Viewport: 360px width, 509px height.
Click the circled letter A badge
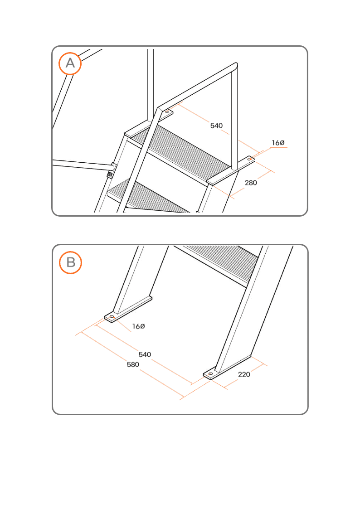(x=70, y=63)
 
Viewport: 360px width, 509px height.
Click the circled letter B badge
(x=70, y=262)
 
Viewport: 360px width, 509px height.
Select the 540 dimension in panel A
(x=216, y=126)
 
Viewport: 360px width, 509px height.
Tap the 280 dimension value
(x=251, y=183)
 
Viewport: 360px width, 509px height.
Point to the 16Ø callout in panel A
(x=278, y=143)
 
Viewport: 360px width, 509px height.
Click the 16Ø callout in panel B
(x=138, y=326)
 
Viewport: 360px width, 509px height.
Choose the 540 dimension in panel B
(x=145, y=354)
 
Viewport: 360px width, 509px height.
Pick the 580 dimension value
(x=133, y=364)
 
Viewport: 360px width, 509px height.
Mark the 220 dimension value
(x=244, y=374)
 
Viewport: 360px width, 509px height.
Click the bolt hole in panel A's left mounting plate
(x=167, y=111)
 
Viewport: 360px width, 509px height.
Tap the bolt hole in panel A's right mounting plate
(x=249, y=159)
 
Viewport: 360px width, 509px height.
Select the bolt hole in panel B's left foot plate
(x=112, y=316)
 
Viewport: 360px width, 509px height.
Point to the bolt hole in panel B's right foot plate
(x=210, y=374)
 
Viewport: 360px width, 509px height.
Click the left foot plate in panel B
(x=128, y=310)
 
